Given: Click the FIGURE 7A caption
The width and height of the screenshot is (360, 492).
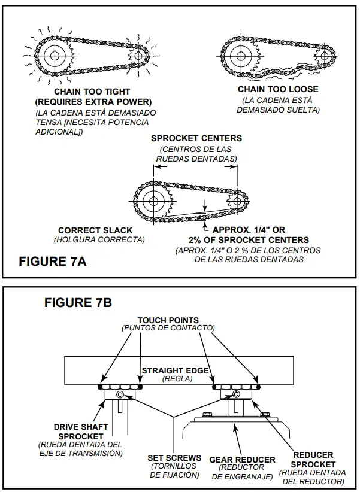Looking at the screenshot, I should [53, 262].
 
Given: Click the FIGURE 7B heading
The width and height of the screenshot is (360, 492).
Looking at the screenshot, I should [78, 302].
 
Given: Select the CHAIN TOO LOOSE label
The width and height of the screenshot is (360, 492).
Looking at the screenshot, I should [278, 90].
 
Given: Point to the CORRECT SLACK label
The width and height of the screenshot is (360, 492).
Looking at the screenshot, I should [95, 230].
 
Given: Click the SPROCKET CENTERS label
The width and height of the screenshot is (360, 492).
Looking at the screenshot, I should [196, 138].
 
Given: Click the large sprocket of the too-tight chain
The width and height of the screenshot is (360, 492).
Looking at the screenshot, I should [56, 56].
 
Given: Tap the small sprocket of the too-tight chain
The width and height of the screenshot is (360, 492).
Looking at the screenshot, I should [139, 56].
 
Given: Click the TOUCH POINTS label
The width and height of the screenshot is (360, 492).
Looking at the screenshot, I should [168, 320].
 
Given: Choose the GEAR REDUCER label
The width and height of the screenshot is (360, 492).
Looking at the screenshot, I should [242, 460].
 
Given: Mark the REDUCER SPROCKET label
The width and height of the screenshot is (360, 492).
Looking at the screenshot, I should [313, 459].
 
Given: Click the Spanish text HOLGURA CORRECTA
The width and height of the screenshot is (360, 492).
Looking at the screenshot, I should [99, 240].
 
